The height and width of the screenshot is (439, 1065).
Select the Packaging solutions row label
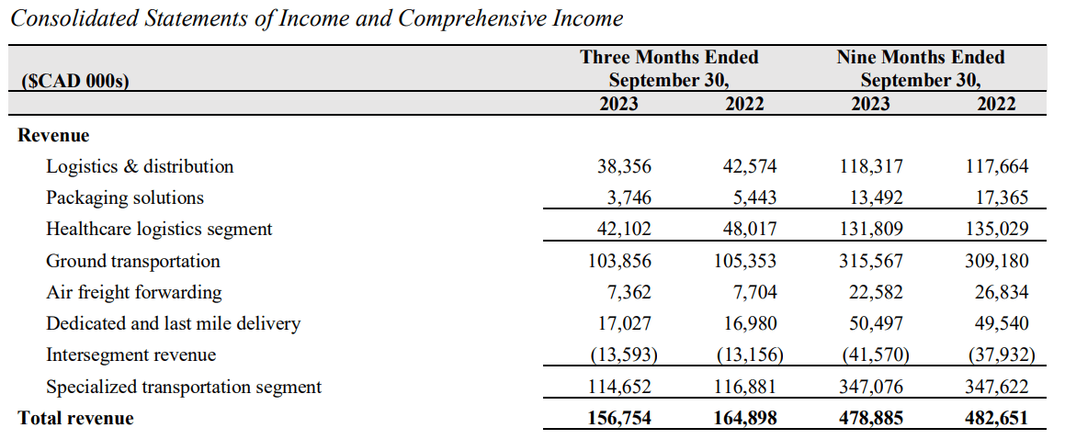coord(125,197)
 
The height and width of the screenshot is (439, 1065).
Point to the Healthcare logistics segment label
coord(159,229)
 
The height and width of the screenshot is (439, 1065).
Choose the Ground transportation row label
coord(133,261)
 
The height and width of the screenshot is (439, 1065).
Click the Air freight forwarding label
coord(134,292)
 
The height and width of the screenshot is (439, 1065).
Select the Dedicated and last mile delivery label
coord(173,323)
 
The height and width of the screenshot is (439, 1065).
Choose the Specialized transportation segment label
coord(184,387)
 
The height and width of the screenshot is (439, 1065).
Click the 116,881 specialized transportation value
coord(744,387)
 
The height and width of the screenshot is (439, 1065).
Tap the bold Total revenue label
coord(75,419)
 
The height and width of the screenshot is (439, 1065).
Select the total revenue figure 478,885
coord(869,419)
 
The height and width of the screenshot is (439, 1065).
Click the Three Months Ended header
coord(669,57)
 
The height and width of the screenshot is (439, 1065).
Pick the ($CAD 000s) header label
coord(74,81)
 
